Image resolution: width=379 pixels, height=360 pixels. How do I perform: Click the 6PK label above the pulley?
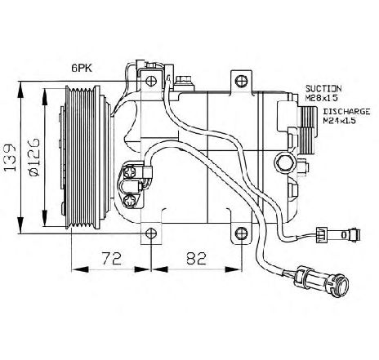coord(82,69)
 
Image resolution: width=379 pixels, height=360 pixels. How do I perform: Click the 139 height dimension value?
coord(10,158)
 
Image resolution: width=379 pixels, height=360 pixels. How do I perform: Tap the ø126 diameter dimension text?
coord(33,158)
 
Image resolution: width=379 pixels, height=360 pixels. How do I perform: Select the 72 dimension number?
coord(112,259)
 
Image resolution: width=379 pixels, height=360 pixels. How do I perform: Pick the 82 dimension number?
coord(197,259)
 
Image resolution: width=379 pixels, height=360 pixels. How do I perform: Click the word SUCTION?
coord(323,89)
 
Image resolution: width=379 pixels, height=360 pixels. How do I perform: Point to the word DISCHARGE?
coord(346,112)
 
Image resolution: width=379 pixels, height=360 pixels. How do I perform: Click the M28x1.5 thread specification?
coord(322,98)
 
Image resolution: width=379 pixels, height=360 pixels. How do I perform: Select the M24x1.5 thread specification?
coord(340,121)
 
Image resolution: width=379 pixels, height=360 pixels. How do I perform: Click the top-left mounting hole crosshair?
coord(150,81)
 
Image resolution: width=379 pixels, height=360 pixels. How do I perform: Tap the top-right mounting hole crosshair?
coord(242,81)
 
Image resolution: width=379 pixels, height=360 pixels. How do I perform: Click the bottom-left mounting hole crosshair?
coord(150,233)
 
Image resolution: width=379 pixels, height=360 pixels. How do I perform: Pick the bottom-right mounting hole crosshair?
coord(242,233)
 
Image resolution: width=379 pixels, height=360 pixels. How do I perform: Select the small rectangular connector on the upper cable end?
coord(322,235)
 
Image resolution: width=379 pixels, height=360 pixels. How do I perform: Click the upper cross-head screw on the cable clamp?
coord(129,172)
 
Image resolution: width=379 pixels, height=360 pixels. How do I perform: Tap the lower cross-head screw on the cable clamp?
coord(129,202)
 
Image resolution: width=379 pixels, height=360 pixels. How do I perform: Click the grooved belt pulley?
coord(82,158)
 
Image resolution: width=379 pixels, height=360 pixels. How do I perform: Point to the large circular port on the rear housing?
coord(285,162)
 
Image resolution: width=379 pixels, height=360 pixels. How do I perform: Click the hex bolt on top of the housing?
coord(183,81)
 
